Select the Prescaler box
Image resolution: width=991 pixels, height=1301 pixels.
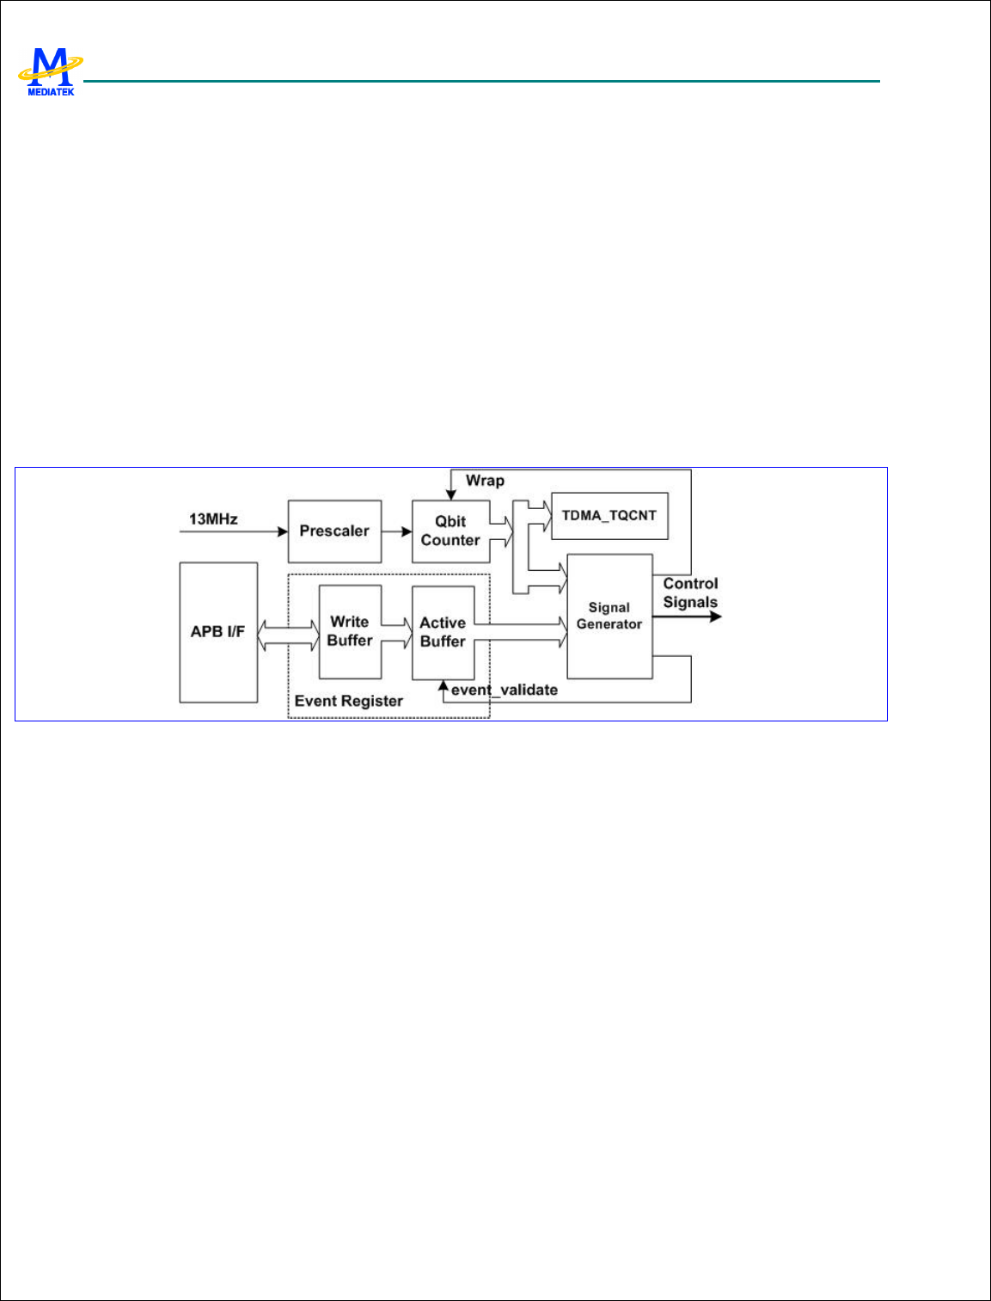click(334, 531)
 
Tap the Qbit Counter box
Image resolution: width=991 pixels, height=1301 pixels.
click(450, 531)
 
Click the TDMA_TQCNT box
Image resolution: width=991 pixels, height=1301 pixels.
click(609, 516)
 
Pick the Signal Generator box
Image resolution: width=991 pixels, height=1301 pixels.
click(609, 616)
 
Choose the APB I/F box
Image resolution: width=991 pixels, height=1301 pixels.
click(218, 632)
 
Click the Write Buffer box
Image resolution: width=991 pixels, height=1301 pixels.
click(350, 631)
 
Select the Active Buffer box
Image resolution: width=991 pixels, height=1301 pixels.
click(443, 632)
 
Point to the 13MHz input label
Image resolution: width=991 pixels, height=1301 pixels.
click(213, 519)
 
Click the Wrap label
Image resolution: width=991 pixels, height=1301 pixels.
click(485, 481)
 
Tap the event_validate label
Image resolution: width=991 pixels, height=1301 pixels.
click(505, 690)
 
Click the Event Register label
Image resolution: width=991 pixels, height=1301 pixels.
click(348, 701)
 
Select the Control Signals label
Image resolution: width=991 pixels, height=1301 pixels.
click(690, 592)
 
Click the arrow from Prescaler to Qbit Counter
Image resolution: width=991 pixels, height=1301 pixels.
click(396, 531)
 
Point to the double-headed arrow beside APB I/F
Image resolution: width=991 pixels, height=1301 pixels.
click(288, 636)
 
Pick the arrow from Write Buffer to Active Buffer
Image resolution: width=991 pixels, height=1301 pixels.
click(396, 632)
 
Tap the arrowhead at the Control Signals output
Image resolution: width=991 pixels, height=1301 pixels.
click(715, 616)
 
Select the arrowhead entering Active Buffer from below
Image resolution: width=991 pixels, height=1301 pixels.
click(443, 685)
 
